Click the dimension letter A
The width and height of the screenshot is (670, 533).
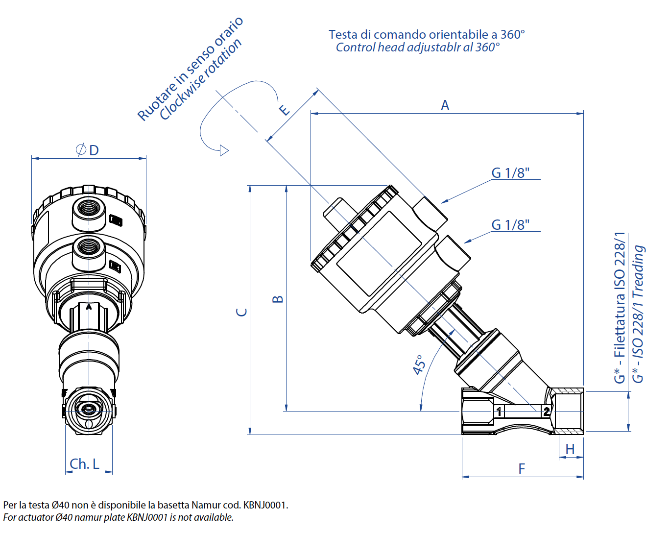point(445,105)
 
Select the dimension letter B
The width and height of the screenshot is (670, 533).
point(277,299)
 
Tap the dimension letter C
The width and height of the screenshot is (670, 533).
point(241,312)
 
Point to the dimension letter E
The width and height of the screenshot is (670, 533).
point(284,110)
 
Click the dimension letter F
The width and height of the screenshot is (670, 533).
point(522,469)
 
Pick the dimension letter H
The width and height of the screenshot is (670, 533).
point(570,449)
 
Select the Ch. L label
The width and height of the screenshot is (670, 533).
point(84,463)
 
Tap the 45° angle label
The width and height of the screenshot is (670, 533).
point(419,365)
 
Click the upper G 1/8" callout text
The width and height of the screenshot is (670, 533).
point(510,173)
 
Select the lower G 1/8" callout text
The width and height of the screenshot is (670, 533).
point(510,225)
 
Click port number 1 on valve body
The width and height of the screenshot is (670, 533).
point(499,412)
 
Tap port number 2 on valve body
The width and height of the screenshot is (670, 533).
point(546,412)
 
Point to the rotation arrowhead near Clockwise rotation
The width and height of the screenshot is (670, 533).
point(224,150)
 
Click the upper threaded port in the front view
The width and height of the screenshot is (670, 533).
point(89,207)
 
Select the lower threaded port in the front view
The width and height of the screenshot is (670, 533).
point(89,246)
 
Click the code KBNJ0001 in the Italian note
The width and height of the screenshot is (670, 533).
point(265,505)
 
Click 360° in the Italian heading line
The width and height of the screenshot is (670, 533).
point(512,35)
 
